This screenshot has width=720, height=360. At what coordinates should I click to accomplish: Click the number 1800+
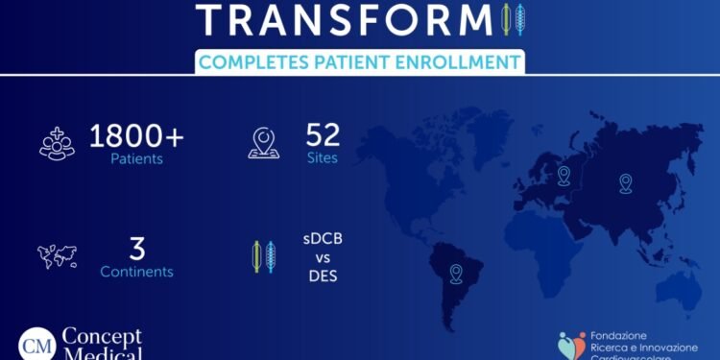pos(136,135)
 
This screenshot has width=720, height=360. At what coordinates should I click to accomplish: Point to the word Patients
pos(135,159)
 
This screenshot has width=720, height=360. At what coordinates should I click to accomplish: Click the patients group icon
pos(56,142)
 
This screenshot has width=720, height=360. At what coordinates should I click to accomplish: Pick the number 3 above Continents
pos(136,249)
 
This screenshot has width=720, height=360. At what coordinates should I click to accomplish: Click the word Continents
pos(136,272)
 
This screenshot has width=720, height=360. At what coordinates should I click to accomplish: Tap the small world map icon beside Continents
pos(56,255)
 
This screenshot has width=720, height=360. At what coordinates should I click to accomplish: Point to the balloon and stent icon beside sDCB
pos(263,257)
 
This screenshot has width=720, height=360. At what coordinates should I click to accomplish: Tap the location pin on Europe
pos(564,175)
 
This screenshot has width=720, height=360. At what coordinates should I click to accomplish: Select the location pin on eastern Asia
pos(626,181)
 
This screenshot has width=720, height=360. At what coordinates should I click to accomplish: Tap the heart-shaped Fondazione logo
pos(573,345)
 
